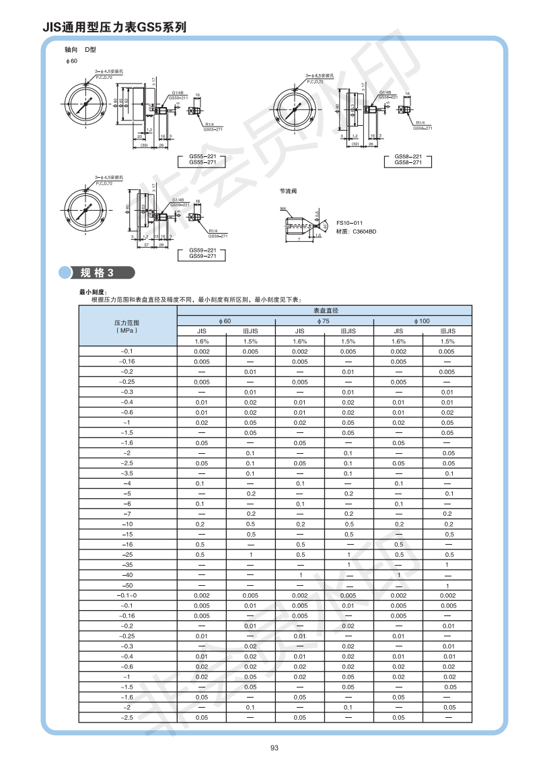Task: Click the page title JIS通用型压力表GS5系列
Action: pos(114,28)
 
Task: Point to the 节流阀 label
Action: pos(288,191)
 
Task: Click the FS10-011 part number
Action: pos(349,223)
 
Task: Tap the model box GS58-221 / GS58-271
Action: pos(407,160)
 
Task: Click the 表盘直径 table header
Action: pos(324,310)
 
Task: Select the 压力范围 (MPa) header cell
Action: pos(128,327)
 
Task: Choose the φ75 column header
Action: pos(324,321)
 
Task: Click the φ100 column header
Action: pos(423,321)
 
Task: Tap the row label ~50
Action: pos(128,586)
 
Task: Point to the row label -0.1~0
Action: pos(128,595)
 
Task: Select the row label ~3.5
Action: pos(128,473)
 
